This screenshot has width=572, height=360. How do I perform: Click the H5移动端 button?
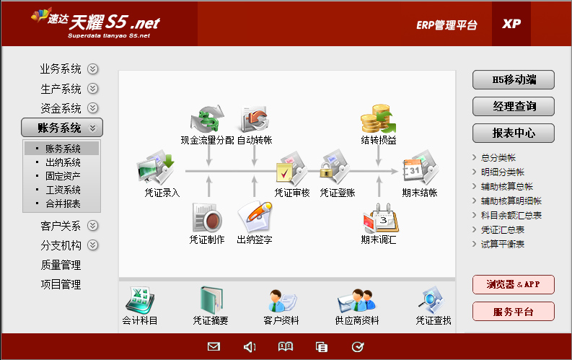[514, 80]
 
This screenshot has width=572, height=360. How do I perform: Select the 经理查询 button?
[514, 107]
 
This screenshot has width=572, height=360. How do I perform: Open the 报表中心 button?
[514, 133]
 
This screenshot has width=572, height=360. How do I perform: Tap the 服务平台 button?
[514, 312]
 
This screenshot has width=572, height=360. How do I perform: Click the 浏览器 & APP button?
[514, 284]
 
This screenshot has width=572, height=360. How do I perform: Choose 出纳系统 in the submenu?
[62, 162]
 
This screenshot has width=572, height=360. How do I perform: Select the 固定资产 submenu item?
[62, 176]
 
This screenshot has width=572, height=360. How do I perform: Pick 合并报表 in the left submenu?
[62, 203]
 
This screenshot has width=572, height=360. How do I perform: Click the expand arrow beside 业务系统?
[92, 69]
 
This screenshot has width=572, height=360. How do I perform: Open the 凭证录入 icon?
[156, 168]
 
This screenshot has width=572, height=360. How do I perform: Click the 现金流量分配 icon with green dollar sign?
[207, 118]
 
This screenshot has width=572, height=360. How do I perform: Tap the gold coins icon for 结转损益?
[378, 118]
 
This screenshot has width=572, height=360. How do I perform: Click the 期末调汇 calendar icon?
[380, 219]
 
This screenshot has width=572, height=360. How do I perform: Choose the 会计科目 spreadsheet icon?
[140, 301]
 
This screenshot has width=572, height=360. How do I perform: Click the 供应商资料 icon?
[356, 301]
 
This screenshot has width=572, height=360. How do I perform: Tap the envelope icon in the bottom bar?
[214, 346]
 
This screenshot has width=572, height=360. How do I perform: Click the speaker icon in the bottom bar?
[250, 347]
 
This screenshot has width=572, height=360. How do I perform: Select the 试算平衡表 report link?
[502, 244]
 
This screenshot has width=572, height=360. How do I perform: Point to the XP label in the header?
[511, 24]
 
